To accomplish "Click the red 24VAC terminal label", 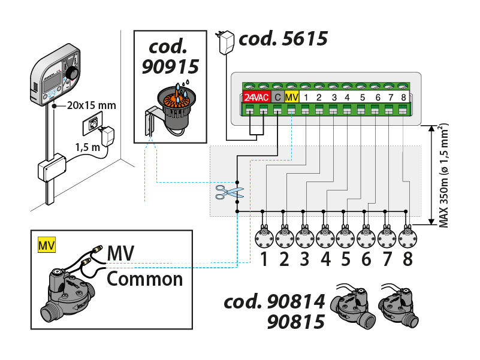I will point(256,97).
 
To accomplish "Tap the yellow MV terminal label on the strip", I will point(291,97).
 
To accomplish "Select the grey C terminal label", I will point(277,97).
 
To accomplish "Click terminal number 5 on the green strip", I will point(362,97).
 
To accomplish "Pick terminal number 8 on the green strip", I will point(403,97).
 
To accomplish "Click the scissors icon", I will point(230,192).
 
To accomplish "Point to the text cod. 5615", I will point(283,40).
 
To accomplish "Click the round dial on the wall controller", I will point(72,72).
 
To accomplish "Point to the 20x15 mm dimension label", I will point(92,106).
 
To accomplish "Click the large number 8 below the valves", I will point(407,260).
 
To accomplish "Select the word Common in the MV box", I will point(144,279).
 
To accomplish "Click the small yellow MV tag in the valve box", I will point(46,246).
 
